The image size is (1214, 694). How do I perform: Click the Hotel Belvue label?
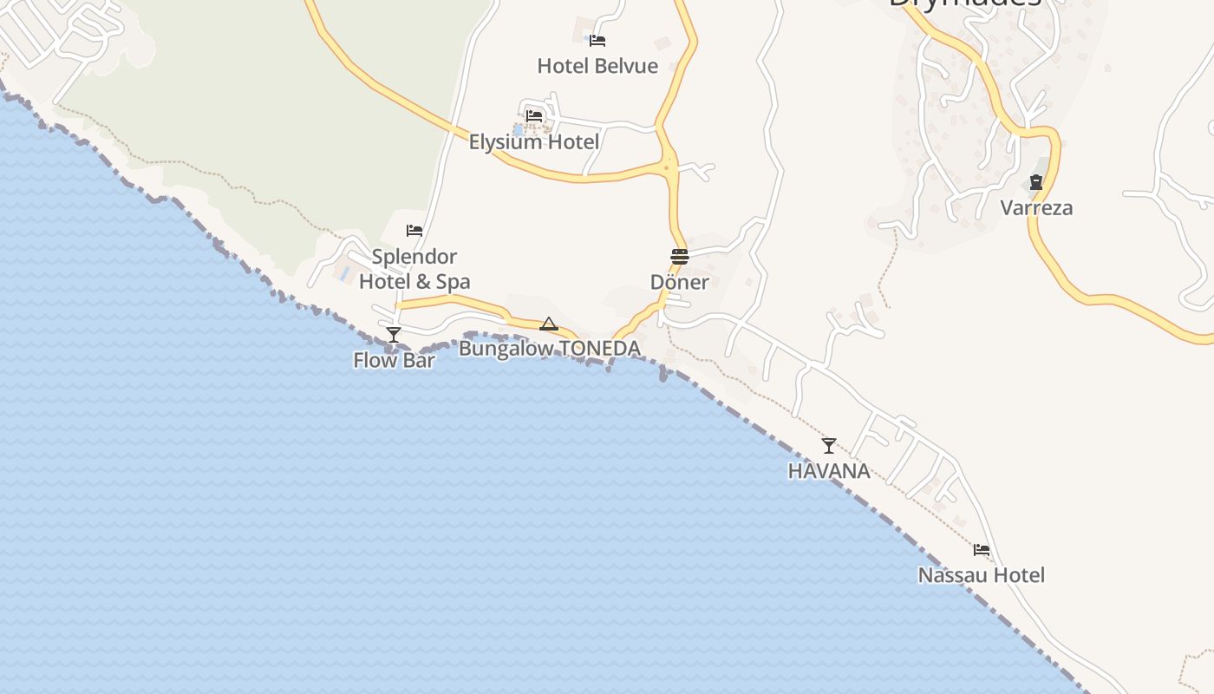[x=597, y=66]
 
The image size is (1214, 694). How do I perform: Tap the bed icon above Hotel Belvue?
[x=597, y=40]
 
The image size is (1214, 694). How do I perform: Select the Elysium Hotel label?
[x=534, y=141]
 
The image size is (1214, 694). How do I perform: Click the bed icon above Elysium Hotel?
[x=534, y=115]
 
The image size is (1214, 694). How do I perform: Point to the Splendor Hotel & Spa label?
[x=414, y=269]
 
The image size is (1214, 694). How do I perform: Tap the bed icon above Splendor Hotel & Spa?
[x=414, y=231]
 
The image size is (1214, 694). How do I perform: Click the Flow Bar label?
[x=394, y=360]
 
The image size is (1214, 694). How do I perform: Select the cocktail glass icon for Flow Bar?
[x=394, y=334]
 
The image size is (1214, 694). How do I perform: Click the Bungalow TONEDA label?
[x=550, y=349]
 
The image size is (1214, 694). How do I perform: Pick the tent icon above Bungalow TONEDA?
[x=549, y=324]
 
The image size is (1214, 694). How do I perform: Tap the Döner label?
[x=680, y=282]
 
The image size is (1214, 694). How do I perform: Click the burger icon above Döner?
[x=680, y=257]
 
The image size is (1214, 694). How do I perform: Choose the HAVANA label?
[x=829, y=471]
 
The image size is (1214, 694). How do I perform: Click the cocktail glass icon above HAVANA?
[x=829, y=446]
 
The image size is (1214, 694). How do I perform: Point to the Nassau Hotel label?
[x=982, y=575]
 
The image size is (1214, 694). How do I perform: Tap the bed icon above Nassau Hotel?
[x=982, y=550]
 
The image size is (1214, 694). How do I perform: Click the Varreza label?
[x=1036, y=208]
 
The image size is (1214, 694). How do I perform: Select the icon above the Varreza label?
[x=1036, y=183]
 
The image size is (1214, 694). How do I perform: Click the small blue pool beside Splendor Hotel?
[x=345, y=273]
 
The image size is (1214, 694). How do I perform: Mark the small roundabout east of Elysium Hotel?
[x=666, y=167]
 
